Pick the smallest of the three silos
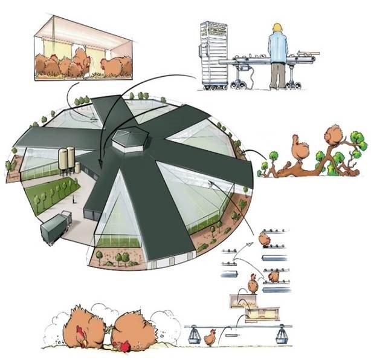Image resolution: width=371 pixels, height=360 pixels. pos(77,168)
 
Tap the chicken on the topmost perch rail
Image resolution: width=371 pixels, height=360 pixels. pos(265,238)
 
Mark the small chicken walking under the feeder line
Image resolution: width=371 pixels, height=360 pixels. pos(210,338)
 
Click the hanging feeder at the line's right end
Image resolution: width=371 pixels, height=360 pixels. pos(281,335)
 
